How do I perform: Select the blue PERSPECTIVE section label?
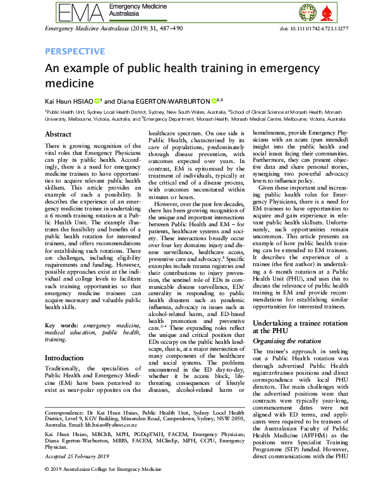pos(75,51)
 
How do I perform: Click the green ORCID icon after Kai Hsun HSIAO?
pos(98,100)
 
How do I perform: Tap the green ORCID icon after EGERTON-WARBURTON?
pos(212,100)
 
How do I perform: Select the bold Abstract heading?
pos(58,134)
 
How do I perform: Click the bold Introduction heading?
pos(66,358)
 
